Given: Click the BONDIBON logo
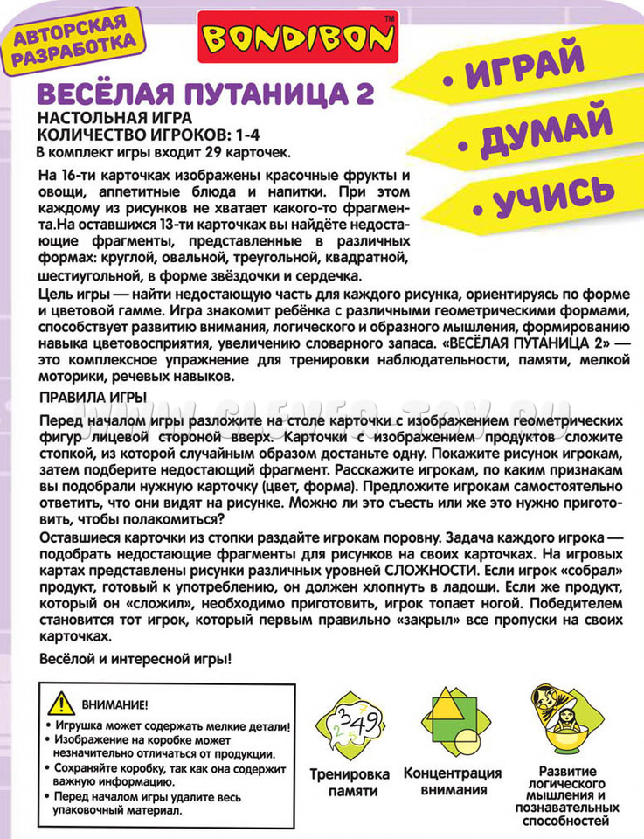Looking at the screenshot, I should tap(294, 37).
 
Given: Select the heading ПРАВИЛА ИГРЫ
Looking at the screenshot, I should tap(93, 398).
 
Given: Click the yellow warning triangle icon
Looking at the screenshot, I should tap(61, 702).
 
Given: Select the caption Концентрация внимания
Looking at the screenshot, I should tap(452, 781).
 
